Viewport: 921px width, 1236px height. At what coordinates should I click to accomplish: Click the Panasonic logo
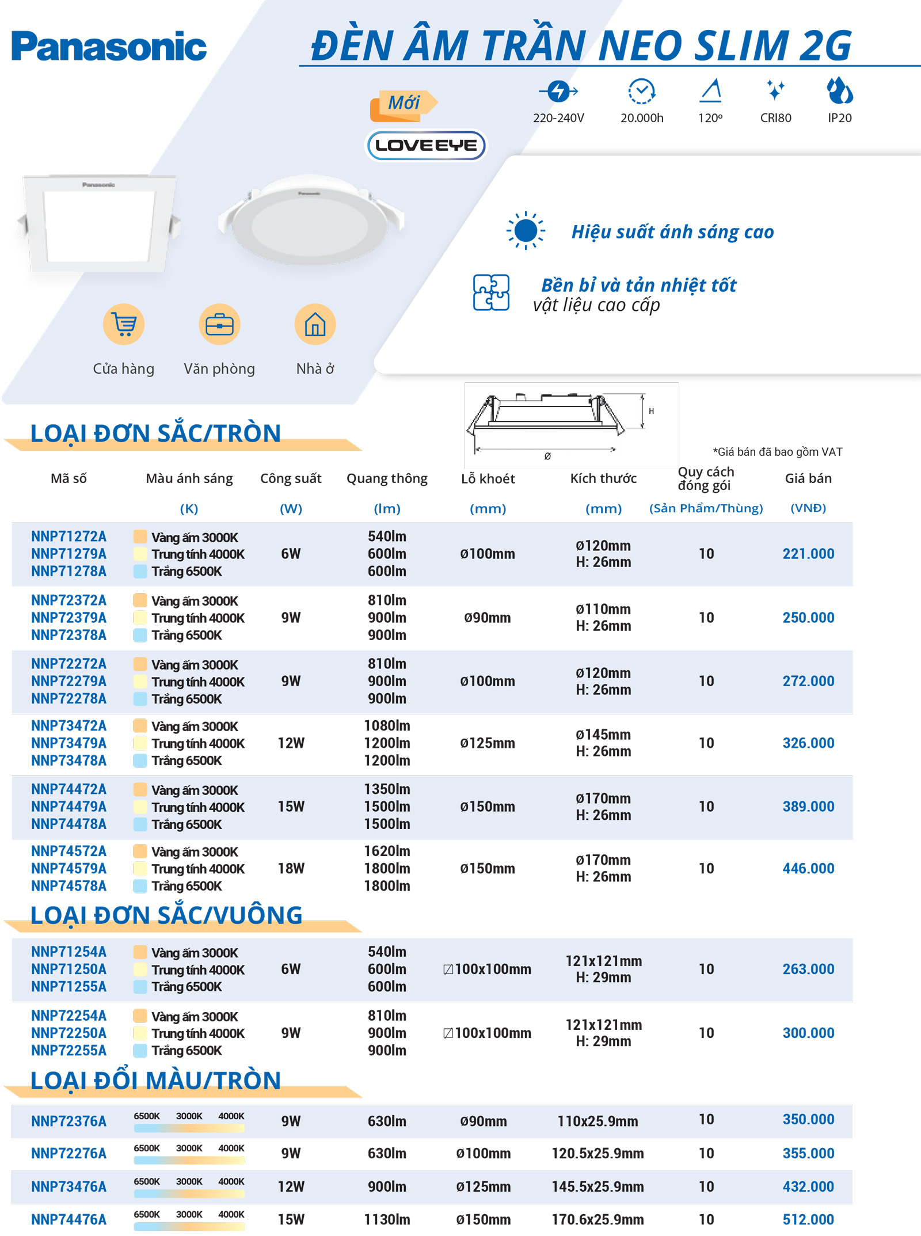[x=109, y=47]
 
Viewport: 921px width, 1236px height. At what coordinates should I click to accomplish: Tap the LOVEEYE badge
[x=426, y=145]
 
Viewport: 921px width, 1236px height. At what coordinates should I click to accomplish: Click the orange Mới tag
[x=403, y=104]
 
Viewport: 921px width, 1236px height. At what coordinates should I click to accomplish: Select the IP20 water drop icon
[x=839, y=91]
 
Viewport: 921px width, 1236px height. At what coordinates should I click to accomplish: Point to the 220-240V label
[x=558, y=118]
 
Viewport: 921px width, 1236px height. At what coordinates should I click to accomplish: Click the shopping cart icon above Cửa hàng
[x=124, y=324]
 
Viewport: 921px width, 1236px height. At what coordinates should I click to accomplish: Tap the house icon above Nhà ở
[x=315, y=324]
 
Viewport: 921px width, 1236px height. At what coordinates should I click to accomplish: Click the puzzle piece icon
[x=491, y=292]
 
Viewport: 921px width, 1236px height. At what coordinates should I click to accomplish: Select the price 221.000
[x=808, y=554]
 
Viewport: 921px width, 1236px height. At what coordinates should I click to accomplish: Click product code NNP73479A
[x=68, y=743]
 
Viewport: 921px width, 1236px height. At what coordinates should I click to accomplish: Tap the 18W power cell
[x=291, y=868]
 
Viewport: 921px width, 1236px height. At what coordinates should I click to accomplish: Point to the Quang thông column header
[x=387, y=478]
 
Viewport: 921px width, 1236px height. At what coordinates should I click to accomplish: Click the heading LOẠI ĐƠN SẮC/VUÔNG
[x=166, y=915]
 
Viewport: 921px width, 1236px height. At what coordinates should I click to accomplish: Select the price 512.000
[x=808, y=1219]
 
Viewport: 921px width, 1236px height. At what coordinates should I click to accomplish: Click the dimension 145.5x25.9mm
[x=597, y=1186]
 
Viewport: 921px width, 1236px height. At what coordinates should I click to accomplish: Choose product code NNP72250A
[x=68, y=1033]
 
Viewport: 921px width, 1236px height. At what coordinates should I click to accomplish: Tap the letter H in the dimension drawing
[x=651, y=411]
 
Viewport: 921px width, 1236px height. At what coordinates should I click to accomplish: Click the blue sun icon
[x=526, y=231]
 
